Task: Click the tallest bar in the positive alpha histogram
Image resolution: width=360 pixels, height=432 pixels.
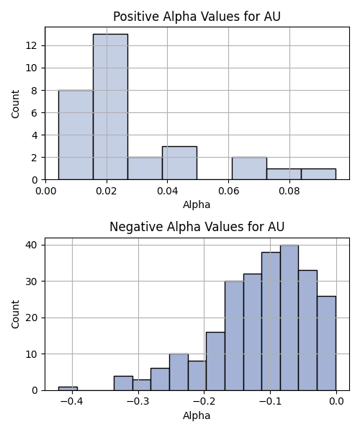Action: [x=110, y=107]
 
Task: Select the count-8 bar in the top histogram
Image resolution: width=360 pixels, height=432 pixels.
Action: [x=76, y=135]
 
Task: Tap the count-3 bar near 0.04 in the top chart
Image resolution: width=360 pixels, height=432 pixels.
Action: [x=179, y=163]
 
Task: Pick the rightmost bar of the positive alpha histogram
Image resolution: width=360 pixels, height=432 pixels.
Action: [x=318, y=174]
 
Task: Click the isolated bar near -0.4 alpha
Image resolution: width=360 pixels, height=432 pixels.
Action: [x=68, y=389]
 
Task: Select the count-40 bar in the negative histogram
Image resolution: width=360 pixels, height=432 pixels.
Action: [x=289, y=318]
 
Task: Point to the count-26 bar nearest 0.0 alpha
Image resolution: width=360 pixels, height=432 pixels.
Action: [x=326, y=343]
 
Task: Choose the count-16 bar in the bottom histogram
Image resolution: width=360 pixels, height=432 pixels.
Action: [x=215, y=361]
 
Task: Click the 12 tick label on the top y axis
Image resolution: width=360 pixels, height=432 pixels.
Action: [x=32, y=45]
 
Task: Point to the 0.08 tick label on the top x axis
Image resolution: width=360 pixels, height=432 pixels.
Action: [x=289, y=192]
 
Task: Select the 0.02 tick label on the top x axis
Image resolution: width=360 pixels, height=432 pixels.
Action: [x=107, y=192]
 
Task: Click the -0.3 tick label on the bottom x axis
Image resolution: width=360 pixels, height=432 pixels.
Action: [x=138, y=402]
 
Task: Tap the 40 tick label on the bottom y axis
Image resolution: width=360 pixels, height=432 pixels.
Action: [x=32, y=245]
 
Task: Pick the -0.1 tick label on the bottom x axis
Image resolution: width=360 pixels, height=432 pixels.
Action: [x=270, y=402]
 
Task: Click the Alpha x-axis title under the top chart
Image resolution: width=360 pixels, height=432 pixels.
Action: [x=197, y=204]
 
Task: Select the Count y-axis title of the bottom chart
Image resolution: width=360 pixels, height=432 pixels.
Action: [x=15, y=315]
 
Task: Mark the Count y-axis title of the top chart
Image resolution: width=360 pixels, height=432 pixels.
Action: [x=15, y=104]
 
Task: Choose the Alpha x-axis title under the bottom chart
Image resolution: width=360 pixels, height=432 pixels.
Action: [x=197, y=415]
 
